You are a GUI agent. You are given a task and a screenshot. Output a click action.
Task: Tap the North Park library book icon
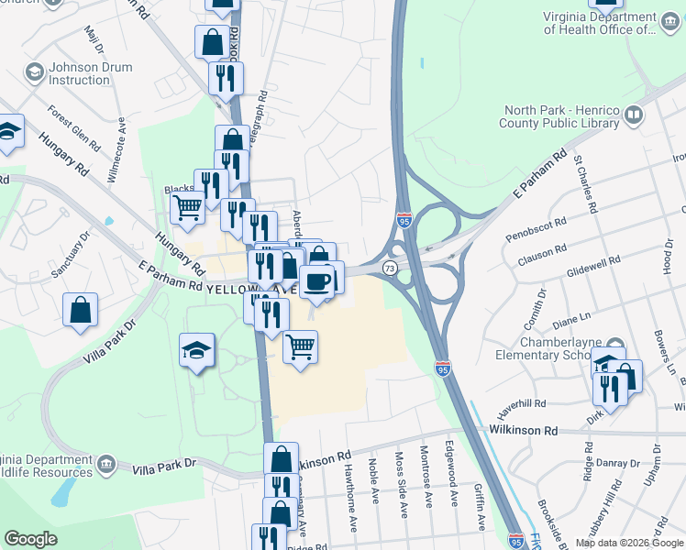pos(633,115)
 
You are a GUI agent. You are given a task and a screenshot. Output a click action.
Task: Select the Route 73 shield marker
pos(390,268)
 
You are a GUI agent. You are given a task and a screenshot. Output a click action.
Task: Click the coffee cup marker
pos(317,281)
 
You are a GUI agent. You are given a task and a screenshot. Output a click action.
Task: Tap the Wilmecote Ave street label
pos(116,156)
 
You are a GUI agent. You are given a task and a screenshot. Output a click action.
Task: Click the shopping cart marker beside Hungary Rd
pos(188,208)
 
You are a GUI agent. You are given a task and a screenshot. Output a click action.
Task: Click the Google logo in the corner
pos(31,539)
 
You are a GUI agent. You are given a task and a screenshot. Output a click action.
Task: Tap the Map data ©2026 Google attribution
pos(629,542)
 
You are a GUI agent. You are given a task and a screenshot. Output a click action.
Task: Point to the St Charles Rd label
pos(584,183)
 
